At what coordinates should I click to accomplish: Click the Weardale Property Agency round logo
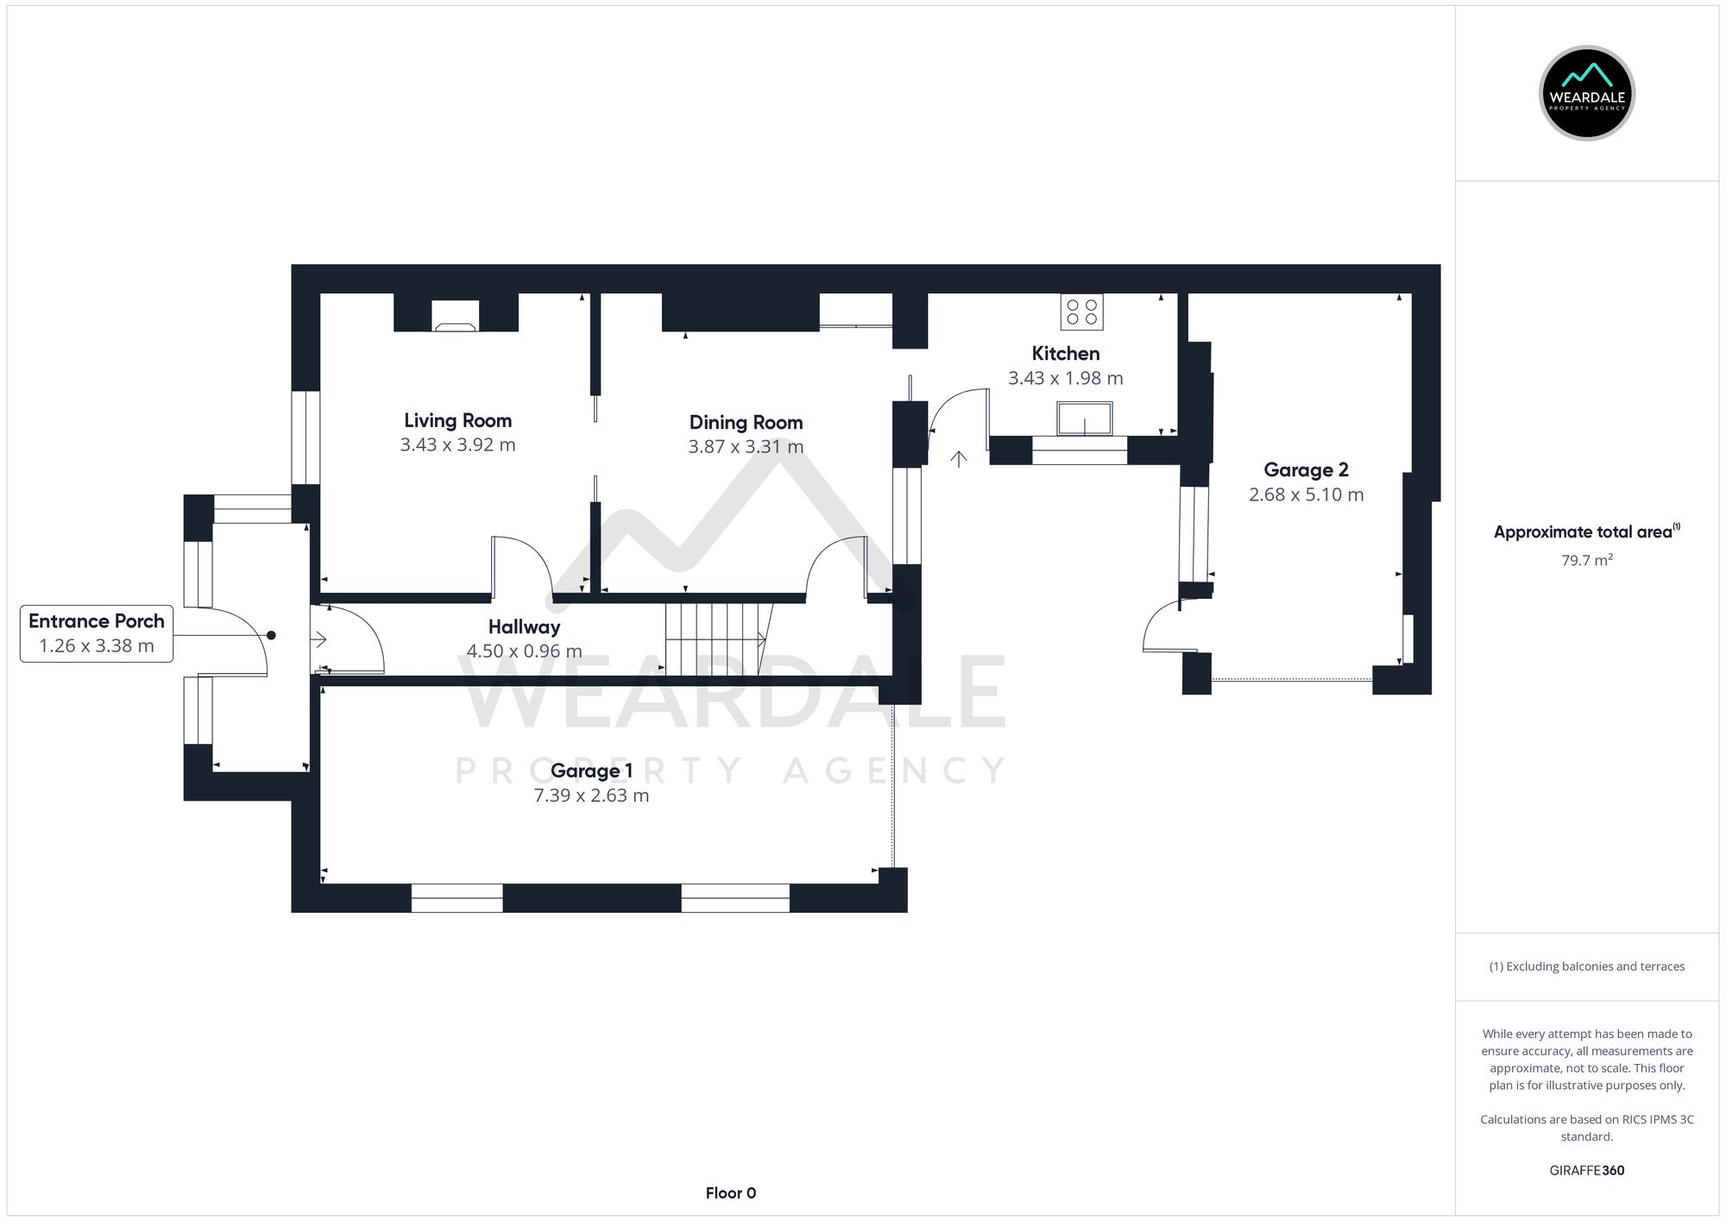tap(1586, 93)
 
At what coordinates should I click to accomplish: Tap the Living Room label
tap(457, 420)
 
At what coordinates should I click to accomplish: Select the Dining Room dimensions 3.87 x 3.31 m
tap(746, 447)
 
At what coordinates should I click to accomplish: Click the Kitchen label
tap(1065, 353)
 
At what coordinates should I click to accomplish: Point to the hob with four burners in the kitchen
tap(1081, 312)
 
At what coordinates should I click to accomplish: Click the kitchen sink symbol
tap(1084, 419)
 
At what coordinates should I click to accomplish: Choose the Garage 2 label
tap(1306, 470)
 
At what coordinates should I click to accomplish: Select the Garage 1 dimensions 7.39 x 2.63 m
tap(591, 796)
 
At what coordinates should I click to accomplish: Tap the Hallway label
tap(524, 627)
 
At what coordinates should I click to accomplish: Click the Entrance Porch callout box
tap(97, 633)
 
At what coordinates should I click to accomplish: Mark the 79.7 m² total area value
tap(1586, 560)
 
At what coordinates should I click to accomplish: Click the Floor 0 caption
tap(730, 1193)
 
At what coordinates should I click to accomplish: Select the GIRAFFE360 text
tap(1586, 1171)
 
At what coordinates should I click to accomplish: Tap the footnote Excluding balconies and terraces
tap(1586, 966)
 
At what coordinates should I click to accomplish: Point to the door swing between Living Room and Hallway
tap(521, 565)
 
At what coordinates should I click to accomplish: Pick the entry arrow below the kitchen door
tap(959, 458)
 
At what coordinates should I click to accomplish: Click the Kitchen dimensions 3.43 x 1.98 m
tap(1065, 378)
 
